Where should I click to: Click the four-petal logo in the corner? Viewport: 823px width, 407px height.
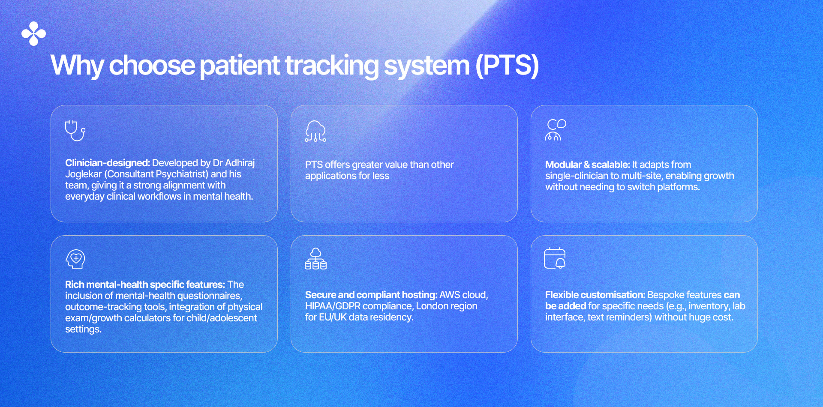click(33, 33)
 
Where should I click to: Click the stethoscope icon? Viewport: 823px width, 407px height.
click(75, 131)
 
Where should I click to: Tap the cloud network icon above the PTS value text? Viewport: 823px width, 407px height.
click(315, 131)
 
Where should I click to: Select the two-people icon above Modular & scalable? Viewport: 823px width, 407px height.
click(556, 130)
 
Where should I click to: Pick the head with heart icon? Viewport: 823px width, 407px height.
click(75, 259)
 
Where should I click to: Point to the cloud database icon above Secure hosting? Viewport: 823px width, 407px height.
click(315, 259)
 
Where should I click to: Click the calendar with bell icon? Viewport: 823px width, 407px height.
click(555, 258)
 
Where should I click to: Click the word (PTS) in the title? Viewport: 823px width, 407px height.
click(507, 65)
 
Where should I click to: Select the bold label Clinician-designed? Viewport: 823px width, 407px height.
click(108, 163)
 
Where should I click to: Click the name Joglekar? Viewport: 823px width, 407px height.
click(84, 174)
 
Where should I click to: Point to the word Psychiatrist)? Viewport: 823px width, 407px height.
click(182, 174)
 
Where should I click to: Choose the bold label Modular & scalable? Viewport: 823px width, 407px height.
click(588, 165)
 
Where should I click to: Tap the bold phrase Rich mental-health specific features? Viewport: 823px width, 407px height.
click(145, 284)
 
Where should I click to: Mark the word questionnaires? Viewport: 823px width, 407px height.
click(210, 296)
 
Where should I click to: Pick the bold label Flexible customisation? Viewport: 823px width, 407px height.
click(595, 295)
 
